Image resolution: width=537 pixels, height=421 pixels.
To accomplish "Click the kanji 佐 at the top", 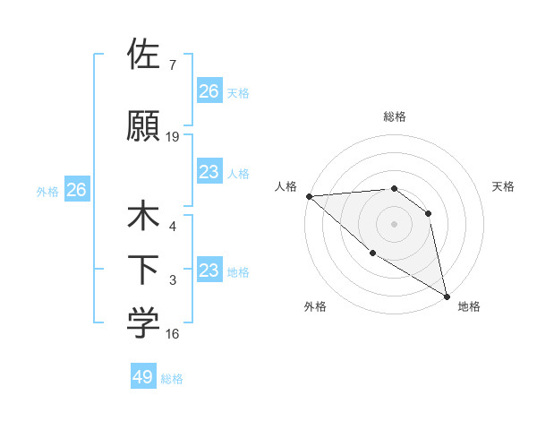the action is pos(143,55).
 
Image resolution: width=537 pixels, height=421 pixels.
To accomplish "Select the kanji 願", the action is pos(143,125).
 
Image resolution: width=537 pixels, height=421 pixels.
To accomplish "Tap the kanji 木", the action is pos(143,217).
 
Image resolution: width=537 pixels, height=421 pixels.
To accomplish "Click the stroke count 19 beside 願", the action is pos(173,137).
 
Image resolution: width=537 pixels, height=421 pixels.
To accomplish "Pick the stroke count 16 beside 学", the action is pos(173,334).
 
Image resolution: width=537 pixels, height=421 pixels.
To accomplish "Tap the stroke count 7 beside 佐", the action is pos(173,65).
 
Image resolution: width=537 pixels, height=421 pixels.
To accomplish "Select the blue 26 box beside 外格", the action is pos(76,190).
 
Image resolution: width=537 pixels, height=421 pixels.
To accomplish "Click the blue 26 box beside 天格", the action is pos(209,91).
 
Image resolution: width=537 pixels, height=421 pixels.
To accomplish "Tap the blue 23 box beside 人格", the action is pos(209,172).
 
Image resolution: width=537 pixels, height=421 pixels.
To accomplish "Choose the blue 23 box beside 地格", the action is pos(209,271).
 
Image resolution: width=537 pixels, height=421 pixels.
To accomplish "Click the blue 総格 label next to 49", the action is pos(172,379).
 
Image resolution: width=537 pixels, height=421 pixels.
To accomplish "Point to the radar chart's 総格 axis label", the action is pos(394,116).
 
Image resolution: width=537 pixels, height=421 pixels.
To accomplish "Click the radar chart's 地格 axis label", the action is pos(469,306).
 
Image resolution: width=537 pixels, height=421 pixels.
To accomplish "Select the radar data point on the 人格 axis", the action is pos(309,195).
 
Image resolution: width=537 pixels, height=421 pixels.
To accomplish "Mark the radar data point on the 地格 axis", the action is pos(447,296).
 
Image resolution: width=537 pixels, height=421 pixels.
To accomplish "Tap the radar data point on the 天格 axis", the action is pos(429,213).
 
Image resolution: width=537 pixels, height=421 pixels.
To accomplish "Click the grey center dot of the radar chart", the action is pos(394,224).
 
